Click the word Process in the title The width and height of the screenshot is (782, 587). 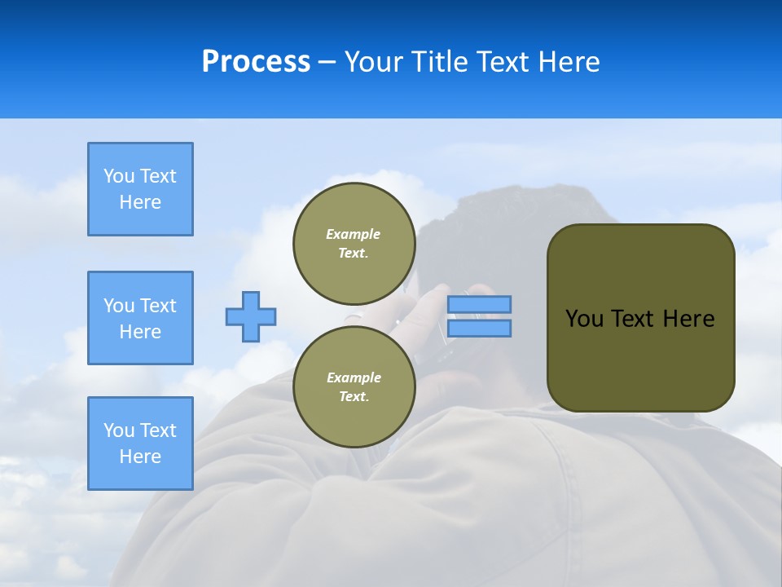point(256,62)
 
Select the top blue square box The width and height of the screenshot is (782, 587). point(140,189)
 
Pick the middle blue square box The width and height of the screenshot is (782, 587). point(140,318)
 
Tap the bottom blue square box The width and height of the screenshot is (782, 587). point(140,444)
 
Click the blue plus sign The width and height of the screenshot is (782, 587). point(251,316)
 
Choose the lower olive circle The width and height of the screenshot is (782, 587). point(354,386)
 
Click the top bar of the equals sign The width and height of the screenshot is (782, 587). point(479,304)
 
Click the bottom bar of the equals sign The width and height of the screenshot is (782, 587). point(479,328)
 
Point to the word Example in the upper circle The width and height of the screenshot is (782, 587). point(354,234)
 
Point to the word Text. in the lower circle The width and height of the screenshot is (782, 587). point(354,396)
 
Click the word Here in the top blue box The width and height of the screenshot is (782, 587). point(140,202)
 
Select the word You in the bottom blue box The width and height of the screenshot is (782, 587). point(119,430)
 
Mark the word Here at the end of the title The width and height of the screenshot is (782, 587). point(569,62)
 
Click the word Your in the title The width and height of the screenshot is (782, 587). point(372,62)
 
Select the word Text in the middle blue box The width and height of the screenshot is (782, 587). point(157,306)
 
